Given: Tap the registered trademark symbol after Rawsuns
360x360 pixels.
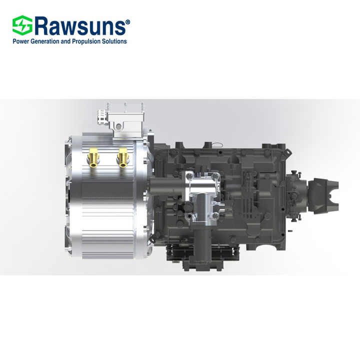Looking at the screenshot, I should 127,22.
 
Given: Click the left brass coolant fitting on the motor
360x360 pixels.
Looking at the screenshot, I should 92,159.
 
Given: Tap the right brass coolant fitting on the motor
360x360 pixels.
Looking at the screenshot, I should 122,159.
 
